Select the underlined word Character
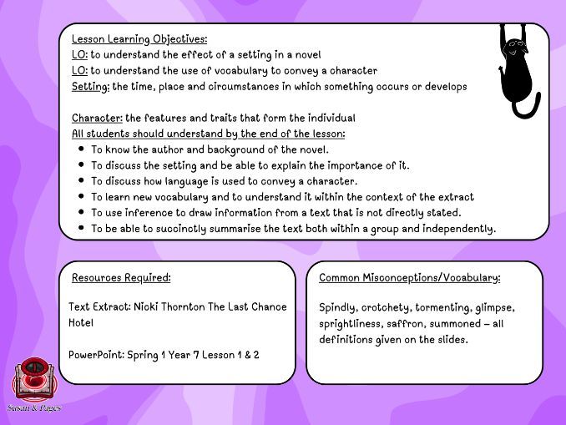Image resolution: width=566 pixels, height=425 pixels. click(x=96, y=118)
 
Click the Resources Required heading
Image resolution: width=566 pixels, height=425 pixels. click(x=121, y=278)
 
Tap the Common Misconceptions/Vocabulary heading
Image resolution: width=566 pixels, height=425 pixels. click(x=409, y=278)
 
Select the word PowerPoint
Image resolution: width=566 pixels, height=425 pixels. click(x=95, y=355)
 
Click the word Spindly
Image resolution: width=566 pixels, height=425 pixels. click(x=338, y=307)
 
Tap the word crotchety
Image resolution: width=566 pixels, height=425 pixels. click(x=389, y=307)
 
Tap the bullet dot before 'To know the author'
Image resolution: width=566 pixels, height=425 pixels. click(x=81, y=149)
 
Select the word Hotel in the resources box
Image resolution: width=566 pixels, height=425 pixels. click(x=81, y=323)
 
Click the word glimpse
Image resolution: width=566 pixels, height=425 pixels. click(x=495, y=307)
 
